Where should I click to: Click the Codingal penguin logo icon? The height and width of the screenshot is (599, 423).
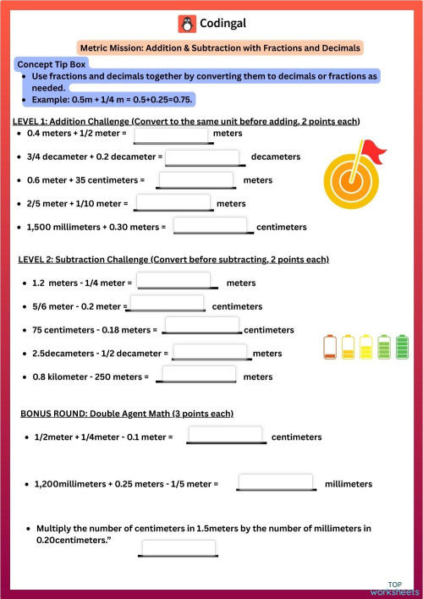tap(186, 24)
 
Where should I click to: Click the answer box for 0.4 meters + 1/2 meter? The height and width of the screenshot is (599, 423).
tap(171, 134)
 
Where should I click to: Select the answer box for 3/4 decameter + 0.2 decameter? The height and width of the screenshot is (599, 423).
tap(202, 157)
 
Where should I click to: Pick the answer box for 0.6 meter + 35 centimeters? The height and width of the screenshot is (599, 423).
tap(196, 180)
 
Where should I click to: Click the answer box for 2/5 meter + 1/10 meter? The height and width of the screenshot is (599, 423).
tap(173, 203)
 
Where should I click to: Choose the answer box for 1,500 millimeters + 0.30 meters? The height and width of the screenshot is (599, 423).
tap(211, 226)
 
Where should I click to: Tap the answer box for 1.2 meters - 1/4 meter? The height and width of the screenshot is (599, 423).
tap(173, 282)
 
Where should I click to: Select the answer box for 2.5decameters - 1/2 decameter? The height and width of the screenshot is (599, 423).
tap(210, 352)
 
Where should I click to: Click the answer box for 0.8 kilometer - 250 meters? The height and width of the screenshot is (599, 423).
tap(199, 376)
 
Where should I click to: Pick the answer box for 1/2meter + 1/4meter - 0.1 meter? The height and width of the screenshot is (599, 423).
tap(226, 437)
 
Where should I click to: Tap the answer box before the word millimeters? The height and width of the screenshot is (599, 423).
tap(276, 483)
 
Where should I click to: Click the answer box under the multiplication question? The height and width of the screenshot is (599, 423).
tap(179, 548)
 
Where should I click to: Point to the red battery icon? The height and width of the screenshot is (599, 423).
tap(330, 347)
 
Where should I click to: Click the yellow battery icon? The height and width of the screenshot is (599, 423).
tap(366, 347)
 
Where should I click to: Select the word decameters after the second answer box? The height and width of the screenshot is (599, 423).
tap(275, 157)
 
